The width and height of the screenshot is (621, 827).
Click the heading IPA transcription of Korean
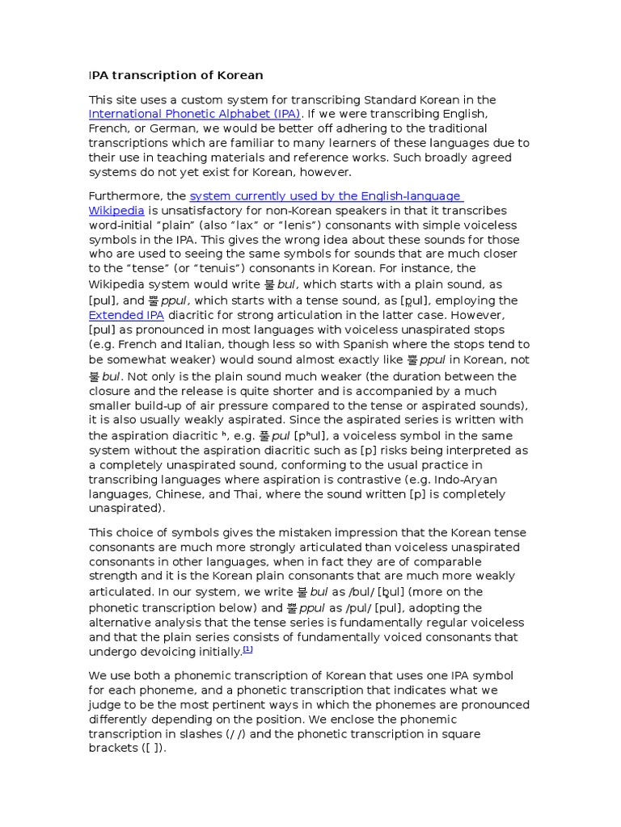pyautogui.click(x=175, y=75)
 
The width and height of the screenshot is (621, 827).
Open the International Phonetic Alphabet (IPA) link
pyautogui.click(x=195, y=114)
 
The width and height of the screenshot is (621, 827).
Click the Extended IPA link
pyautogui.click(x=126, y=315)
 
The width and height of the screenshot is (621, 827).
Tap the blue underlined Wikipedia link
pyautogui.click(x=116, y=211)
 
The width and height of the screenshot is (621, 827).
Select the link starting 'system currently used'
pyautogui.click(x=326, y=196)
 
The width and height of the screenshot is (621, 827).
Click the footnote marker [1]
pyautogui.click(x=248, y=650)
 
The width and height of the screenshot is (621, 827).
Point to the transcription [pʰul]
pyautogui.click(x=324, y=436)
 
